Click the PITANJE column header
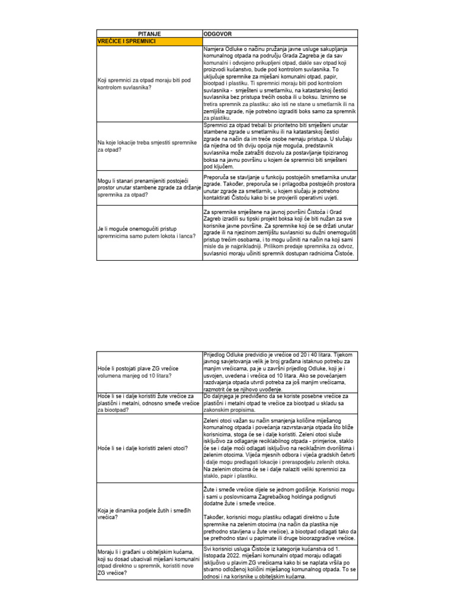149,33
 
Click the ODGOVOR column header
219,33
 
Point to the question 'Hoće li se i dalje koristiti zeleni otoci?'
142,448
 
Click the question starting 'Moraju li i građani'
148,566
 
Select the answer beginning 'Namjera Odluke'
279,84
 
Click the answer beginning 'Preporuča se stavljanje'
279,189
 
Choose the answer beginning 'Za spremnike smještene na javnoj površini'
279,232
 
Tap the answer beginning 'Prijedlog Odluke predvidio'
279,372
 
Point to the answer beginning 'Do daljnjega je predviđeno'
279,402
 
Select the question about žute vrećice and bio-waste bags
146,402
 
